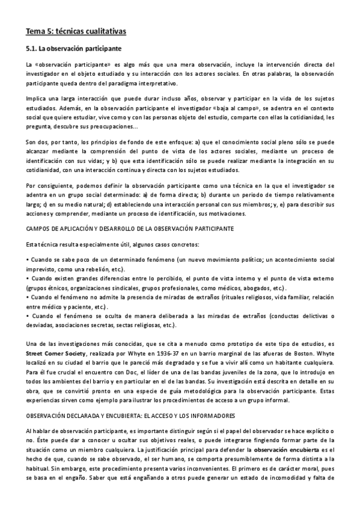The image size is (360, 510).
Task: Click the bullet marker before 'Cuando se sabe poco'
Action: click(x=28, y=242)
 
